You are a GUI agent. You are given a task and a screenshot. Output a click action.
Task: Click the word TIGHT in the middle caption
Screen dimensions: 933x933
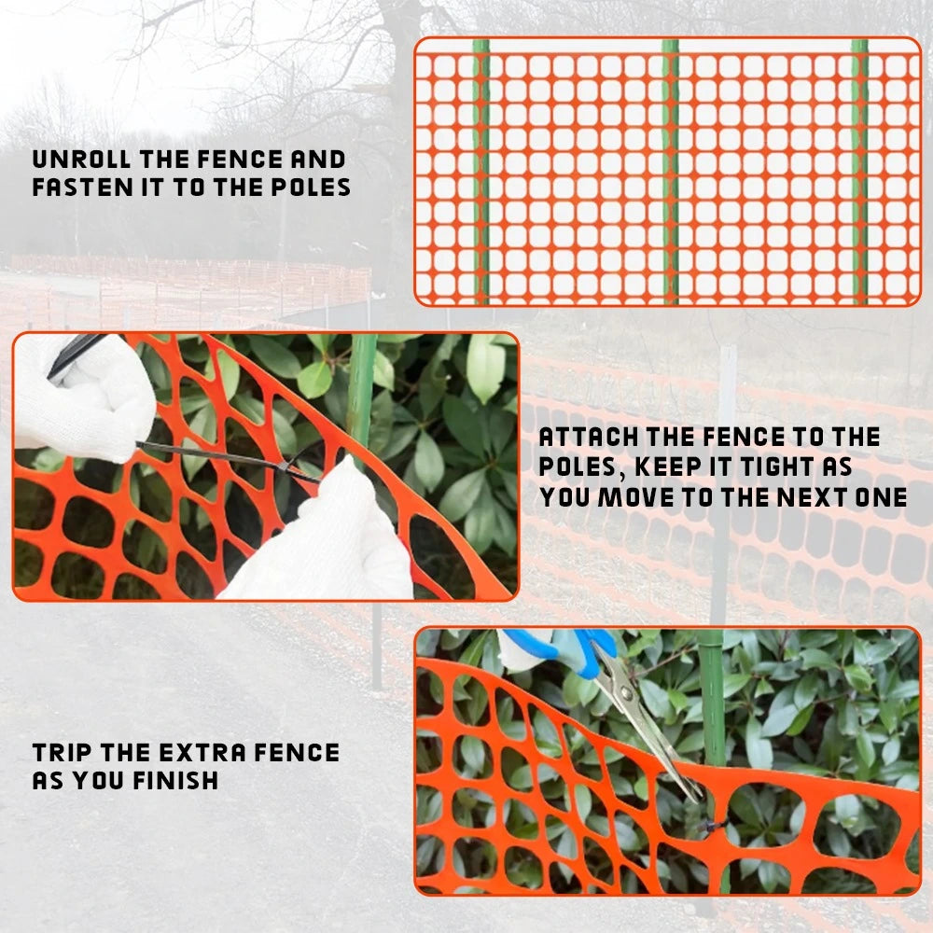pos(775,467)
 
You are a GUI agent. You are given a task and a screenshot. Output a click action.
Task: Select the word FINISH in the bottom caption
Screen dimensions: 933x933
pos(175,781)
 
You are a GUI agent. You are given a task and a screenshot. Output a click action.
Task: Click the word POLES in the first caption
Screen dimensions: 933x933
pos(311,188)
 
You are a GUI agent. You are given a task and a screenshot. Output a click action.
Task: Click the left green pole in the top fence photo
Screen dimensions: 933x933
pos(482,172)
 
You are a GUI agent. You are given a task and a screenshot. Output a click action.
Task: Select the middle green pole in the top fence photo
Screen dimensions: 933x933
pos(671,172)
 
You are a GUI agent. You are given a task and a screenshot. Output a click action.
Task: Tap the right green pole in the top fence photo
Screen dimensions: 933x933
pos(859,172)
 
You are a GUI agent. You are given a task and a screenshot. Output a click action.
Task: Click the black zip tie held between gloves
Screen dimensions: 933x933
pos(226,459)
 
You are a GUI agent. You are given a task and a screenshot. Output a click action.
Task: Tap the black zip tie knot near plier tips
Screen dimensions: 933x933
pos(712,825)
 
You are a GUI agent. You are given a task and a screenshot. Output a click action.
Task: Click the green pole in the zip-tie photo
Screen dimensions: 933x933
pos(361,393)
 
